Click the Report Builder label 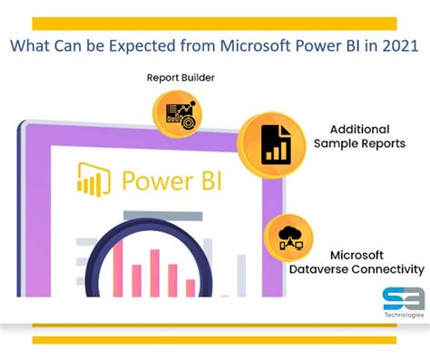[181, 78]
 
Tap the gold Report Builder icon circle [176, 114]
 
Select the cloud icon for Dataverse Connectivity [288, 238]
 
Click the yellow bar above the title [214, 23]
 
